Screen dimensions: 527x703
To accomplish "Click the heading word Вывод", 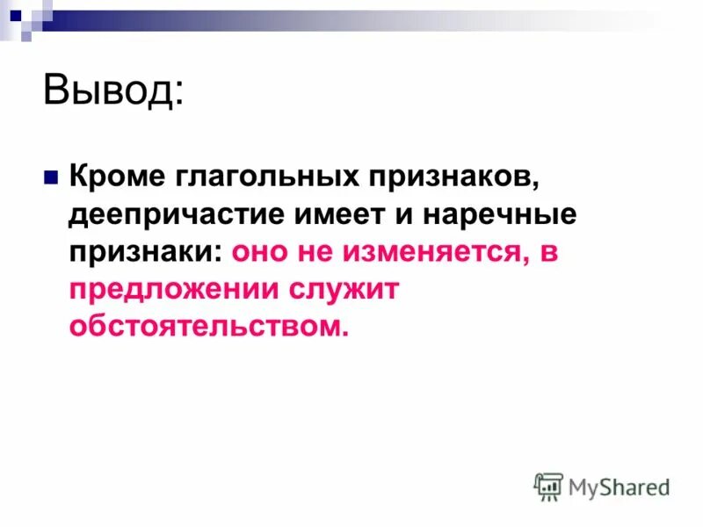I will pyautogui.click(x=109, y=90).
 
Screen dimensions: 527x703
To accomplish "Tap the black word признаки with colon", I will pyautogui.click(x=147, y=251).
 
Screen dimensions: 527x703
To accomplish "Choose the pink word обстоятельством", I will pyautogui.click(x=209, y=326).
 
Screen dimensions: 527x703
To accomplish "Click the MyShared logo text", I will pyautogui.click(x=619, y=486).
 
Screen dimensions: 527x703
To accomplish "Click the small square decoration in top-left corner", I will pyautogui.click(x=15, y=15).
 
